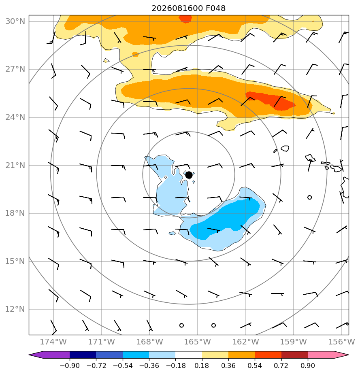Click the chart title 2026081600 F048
point(188,8)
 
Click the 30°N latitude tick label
point(15,21)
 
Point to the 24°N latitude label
point(15,117)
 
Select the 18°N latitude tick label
point(15,213)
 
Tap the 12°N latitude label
point(15,309)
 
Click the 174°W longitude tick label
point(53,342)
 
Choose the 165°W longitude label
point(198,342)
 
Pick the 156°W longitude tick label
point(342,342)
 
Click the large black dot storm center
point(189,175)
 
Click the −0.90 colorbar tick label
point(70,365)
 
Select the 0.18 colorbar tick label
point(202,365)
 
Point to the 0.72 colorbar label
point(281,365)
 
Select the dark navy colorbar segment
point(83,355)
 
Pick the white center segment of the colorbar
point(189,355)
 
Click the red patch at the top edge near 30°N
point(185,19)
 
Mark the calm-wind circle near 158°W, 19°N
point(309,197)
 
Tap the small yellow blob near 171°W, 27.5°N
point(106,60)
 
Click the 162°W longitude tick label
point(245,342)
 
